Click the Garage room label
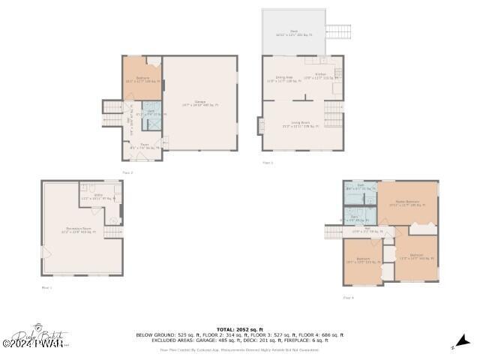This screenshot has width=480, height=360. pos(200,103)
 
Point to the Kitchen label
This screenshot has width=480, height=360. pos(320,76)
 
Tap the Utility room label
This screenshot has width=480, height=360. pos(98,196)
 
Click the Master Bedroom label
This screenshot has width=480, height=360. pos(407,202)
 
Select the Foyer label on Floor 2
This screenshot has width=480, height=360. pos(144,148)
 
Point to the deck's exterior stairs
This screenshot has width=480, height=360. pos(337,31)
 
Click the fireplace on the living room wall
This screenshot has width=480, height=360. pos(261,125)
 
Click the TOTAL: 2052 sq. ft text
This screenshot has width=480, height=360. pos(239,329)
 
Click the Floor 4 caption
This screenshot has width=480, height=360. pos(348,298)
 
